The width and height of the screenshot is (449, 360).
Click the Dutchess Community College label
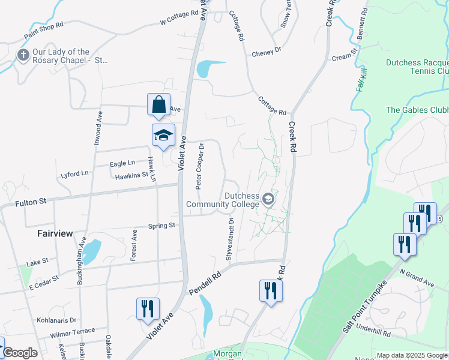click(x=222, y=200)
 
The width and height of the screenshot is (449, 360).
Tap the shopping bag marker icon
click(x=158, y=104)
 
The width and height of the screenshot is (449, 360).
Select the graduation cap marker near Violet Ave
click(x=163, y=136)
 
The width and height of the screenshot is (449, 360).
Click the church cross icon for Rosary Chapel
click(x=23, y=56)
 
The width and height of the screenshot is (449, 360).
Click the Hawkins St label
click(x=131, y=175)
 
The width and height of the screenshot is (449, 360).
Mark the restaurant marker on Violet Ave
click(x=148, y=308)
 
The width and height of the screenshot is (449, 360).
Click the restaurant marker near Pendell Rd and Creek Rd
click(x=271, y=291)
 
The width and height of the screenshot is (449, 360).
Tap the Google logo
click(x=19, y=353)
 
